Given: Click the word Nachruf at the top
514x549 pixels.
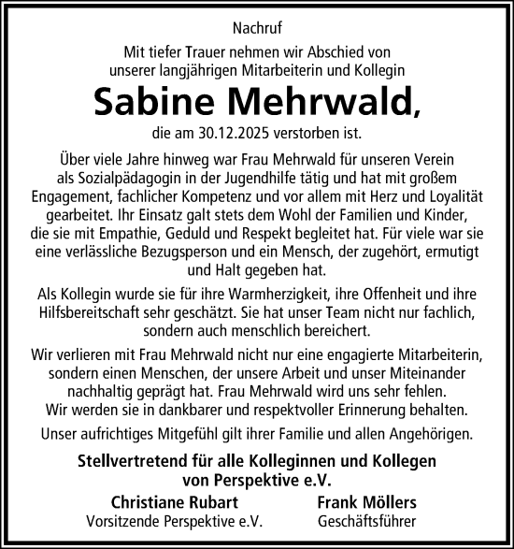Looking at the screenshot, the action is (257, 28).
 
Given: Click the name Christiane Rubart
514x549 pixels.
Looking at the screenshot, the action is (161, 500).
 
